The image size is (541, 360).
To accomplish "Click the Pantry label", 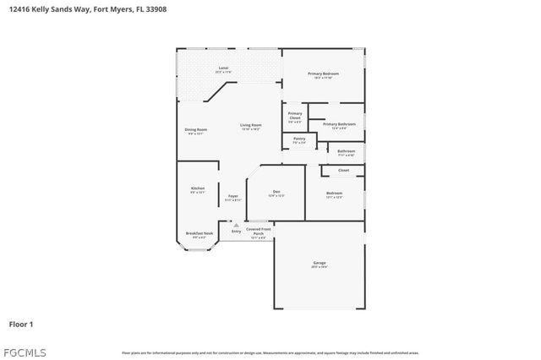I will [299, 140].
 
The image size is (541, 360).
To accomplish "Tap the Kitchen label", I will [198, 189].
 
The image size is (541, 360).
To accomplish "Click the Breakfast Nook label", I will [199, 235].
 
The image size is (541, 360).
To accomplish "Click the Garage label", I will [320, 264].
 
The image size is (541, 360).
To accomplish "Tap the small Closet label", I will [343, 171].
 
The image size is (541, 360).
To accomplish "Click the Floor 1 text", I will [21, 323].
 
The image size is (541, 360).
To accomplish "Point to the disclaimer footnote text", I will [270, 352].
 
